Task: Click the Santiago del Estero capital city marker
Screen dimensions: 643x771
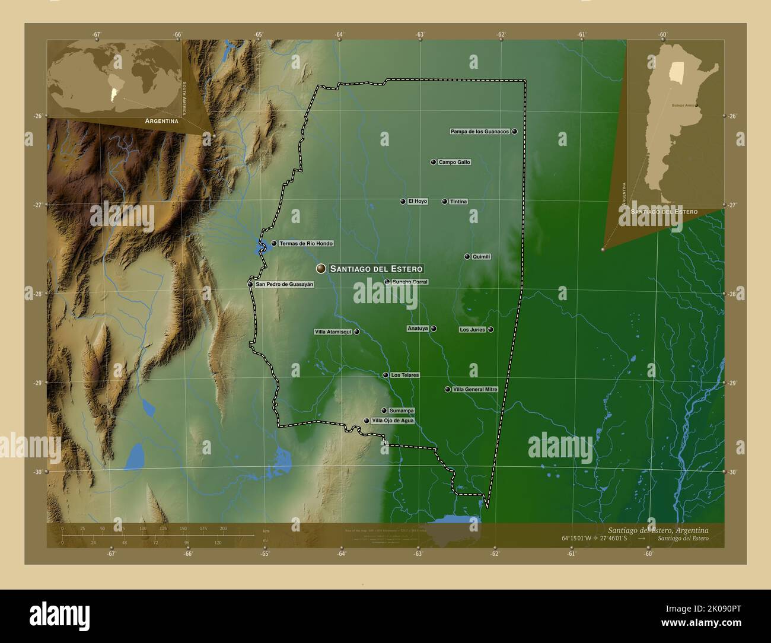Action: point(321,269)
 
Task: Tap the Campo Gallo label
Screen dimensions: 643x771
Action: point(454,162)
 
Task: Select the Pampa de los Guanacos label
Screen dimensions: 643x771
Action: point(480,131)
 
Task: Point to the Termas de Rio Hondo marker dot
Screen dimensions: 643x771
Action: point(274,243)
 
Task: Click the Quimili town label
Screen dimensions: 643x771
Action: point(482,257)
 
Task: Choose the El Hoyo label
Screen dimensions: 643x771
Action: point(418,202)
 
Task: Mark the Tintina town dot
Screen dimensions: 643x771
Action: point(445,202)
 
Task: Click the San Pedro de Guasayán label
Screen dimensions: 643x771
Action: point(285,284)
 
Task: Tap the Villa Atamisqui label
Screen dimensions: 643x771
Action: point(333,332)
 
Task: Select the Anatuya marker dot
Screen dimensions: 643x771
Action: point(434,329)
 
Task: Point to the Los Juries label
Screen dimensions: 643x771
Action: point(473,330)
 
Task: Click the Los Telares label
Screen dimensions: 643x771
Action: point(405,375)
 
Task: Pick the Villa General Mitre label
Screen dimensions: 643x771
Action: point(475,390)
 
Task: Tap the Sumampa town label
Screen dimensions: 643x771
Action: point(402,410)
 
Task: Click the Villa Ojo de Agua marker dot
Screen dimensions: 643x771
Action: point(367,421)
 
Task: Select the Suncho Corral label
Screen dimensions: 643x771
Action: point(410,282)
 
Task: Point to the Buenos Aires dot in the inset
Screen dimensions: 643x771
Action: point(696,106)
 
